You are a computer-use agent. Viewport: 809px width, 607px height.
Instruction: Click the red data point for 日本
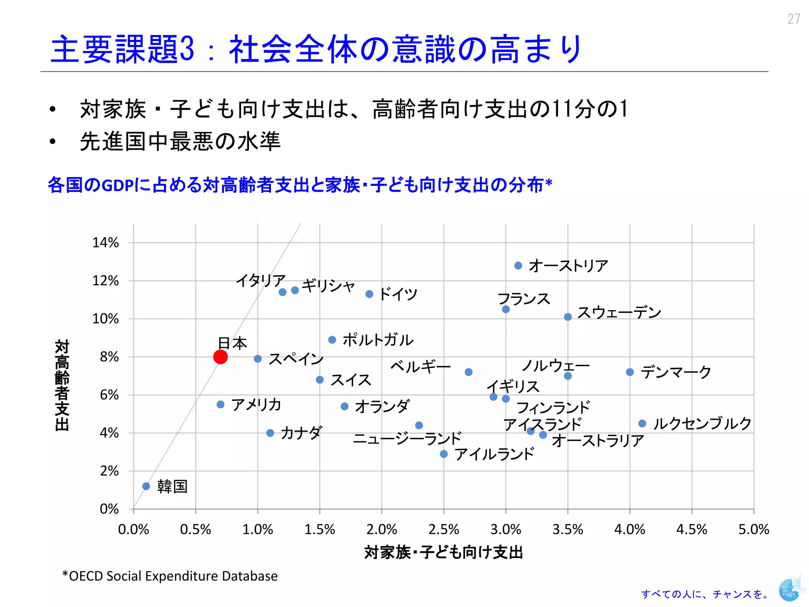click(220, 357)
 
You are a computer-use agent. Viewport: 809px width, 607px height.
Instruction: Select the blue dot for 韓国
click(146, 486)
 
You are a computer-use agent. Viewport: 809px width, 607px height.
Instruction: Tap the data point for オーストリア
click(518, 266)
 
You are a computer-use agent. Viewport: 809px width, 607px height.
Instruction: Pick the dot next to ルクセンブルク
click(642, 424)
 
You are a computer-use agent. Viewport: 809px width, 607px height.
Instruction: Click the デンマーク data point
click(630, 372)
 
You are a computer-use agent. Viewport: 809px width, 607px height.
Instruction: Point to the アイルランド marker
click(444, 454)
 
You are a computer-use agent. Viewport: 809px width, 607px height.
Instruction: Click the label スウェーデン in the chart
click(619, 313)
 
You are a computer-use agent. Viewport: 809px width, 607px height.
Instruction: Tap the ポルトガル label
click(378, 340)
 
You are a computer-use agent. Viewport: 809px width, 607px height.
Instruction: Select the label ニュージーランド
click(407, 438)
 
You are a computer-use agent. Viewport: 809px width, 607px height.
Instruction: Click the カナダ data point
click(270, 433)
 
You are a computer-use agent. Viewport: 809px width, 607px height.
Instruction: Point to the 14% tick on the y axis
click(105, 243)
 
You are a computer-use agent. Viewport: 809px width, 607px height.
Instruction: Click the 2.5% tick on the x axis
click(444, 530)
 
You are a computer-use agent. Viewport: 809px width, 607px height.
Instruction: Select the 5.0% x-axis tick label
click(753, 530)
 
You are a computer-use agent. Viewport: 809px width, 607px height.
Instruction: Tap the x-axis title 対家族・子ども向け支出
click(443, 552)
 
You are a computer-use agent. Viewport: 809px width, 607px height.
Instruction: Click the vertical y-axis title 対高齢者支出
click(62, 385)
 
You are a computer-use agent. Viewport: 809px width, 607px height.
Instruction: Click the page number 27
click(794, 19)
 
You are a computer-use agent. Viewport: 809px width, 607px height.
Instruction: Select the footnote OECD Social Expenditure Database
click(170, 576)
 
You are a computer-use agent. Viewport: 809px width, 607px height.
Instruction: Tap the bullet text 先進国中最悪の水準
click(180, 141)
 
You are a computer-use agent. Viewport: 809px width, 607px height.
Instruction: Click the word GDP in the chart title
click(117, 185)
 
